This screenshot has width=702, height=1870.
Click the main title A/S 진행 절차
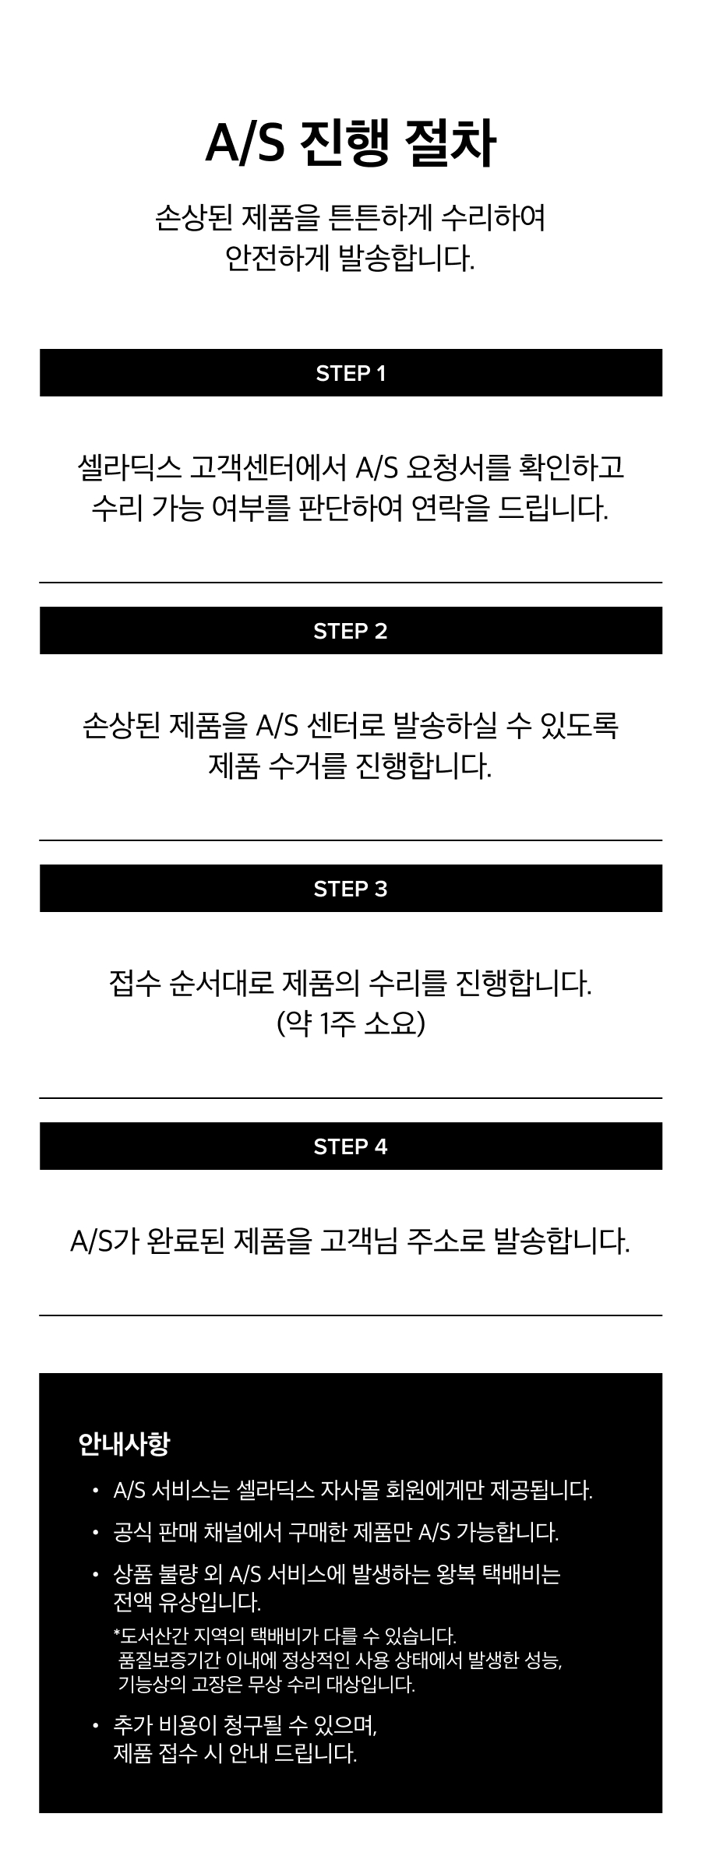[x=351, y=144]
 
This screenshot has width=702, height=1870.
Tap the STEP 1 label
[x=351, y=374]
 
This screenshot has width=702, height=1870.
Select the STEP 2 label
[x=351, y=632]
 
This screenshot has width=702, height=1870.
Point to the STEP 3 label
[x=351, y=889]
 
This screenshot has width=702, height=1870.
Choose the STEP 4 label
[x=351, y=1147]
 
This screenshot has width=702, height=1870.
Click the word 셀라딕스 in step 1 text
[x=129, y=467]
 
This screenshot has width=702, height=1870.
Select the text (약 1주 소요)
[x=351, y=1023]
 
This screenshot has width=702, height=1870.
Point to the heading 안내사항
[x=124, y=1444]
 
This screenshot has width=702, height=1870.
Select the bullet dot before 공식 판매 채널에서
[x=95, y=1533]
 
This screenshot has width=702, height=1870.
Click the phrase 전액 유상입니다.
[x=187, y=1602]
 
